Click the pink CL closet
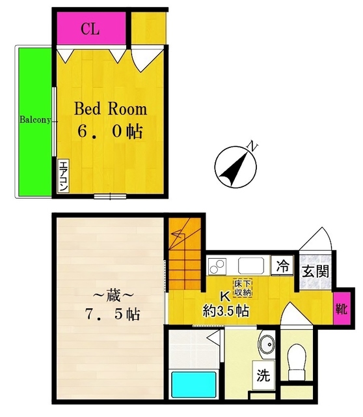pos(91,28)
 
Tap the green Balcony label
pos(35,120)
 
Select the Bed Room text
pos(111,109)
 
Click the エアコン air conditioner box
pos(64,176)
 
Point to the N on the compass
pos(252,146)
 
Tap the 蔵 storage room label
pos(113,296)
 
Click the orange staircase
pos(185,253)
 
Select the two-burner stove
pos(217,266)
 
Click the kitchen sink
pos(251,266)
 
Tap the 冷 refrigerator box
pos(282,266)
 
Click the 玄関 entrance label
pos(316,272)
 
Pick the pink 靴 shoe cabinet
pos(340,308)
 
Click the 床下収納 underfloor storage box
pos(243,288)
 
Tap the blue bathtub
pos(194,384)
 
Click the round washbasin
pos(267,345)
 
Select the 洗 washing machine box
pos(263,375)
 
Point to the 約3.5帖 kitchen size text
pos(226,310)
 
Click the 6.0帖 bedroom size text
pos(111,131)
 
